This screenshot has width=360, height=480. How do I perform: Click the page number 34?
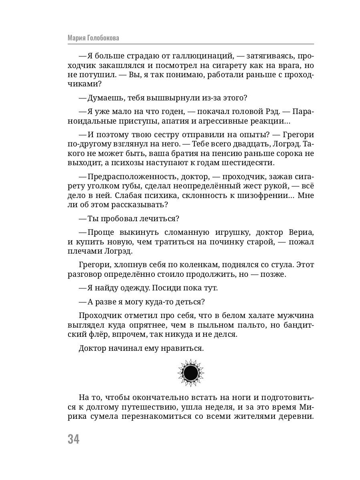[74, 439]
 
